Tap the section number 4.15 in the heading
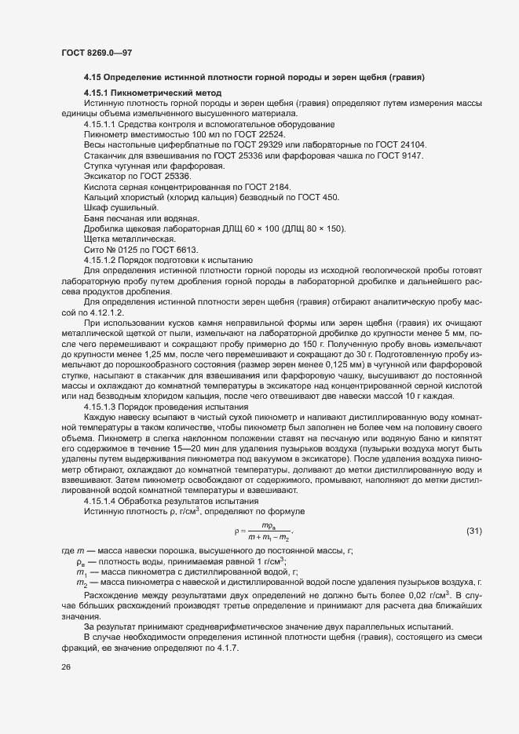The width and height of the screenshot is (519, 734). pos(93,78)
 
